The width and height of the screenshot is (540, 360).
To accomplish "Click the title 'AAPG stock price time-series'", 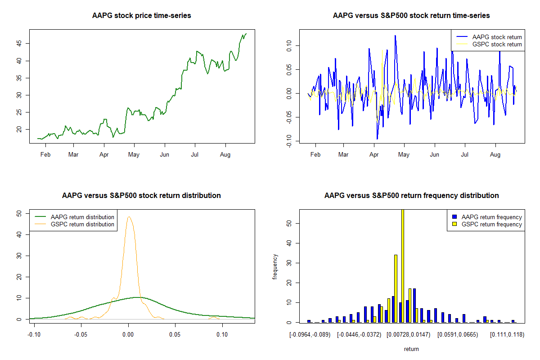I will [141, 16].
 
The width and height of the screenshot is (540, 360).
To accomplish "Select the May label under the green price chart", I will [134, 155].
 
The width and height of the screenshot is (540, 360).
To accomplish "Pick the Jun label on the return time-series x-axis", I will [434, 155].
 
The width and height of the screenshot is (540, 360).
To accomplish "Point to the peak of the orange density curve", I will [129, 217].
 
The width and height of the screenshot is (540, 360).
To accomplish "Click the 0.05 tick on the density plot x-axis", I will [175, 335].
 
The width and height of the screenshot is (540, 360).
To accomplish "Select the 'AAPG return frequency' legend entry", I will [494, 217].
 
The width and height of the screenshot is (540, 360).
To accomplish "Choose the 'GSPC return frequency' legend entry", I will [494, 224].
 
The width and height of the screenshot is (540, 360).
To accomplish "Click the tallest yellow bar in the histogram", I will [402, 265].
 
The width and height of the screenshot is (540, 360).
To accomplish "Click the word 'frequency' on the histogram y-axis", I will [275, 266].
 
